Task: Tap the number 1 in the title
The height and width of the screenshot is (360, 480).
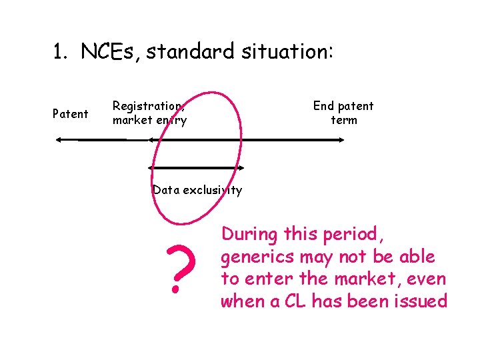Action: [58, 51]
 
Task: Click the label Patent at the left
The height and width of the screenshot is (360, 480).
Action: [70, 114]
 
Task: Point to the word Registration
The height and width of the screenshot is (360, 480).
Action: [148, 105]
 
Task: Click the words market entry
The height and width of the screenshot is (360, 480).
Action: [149, 121]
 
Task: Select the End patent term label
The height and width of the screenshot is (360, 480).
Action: [343, 113]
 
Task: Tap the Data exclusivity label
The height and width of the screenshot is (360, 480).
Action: [197, 190]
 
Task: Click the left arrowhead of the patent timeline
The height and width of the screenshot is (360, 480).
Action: [59, 139]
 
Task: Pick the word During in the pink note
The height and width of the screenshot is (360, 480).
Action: [249, 234]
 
